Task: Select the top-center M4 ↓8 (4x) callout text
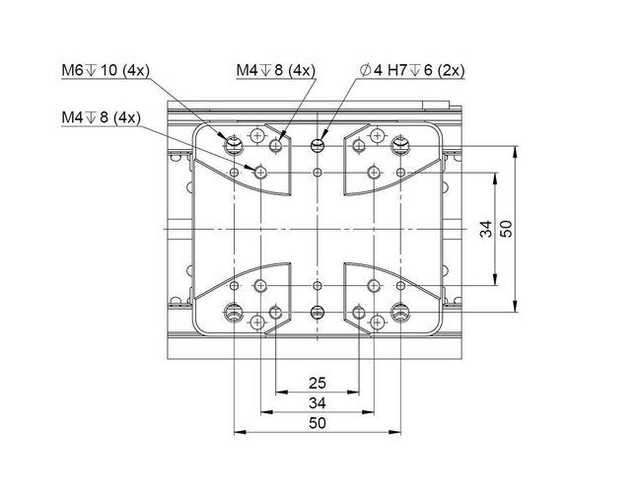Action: (x=275, y=71)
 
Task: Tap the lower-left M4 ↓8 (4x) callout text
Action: (x=101, y=117)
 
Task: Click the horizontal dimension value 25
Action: (x=317, y=382)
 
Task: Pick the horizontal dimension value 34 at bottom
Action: (x=317, y=402)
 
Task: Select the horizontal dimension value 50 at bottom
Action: (x=317, y=423)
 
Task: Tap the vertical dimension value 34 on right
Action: (x=485, y=229)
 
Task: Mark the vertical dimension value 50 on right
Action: (x=507, y=229)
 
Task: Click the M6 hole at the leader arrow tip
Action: (x=234, y=146)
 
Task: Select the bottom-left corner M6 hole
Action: (x=234, y=313)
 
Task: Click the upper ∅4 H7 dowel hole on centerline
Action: (x=317, y=146)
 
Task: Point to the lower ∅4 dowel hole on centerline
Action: (x=317, y=313)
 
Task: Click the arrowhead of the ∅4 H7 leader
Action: (x=320, y=141)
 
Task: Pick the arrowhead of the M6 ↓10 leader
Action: (x=229, y=141)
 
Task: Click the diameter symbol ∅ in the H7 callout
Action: (x=366, y=71)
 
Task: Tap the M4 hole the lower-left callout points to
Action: (x=260, y=173)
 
